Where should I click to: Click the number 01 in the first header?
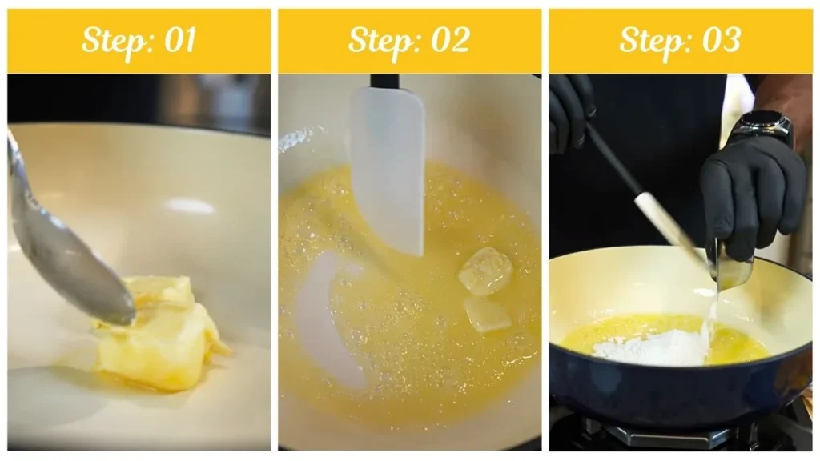point(179,41)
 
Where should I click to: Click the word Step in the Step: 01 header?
point(111,41)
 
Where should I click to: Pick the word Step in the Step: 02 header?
point(380,41)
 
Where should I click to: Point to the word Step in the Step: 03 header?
point(651,41)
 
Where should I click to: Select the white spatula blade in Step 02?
point(388,168)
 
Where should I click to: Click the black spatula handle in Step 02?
point(384,81)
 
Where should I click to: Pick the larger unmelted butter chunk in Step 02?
point(485,271)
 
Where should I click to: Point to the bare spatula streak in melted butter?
point(328,312)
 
